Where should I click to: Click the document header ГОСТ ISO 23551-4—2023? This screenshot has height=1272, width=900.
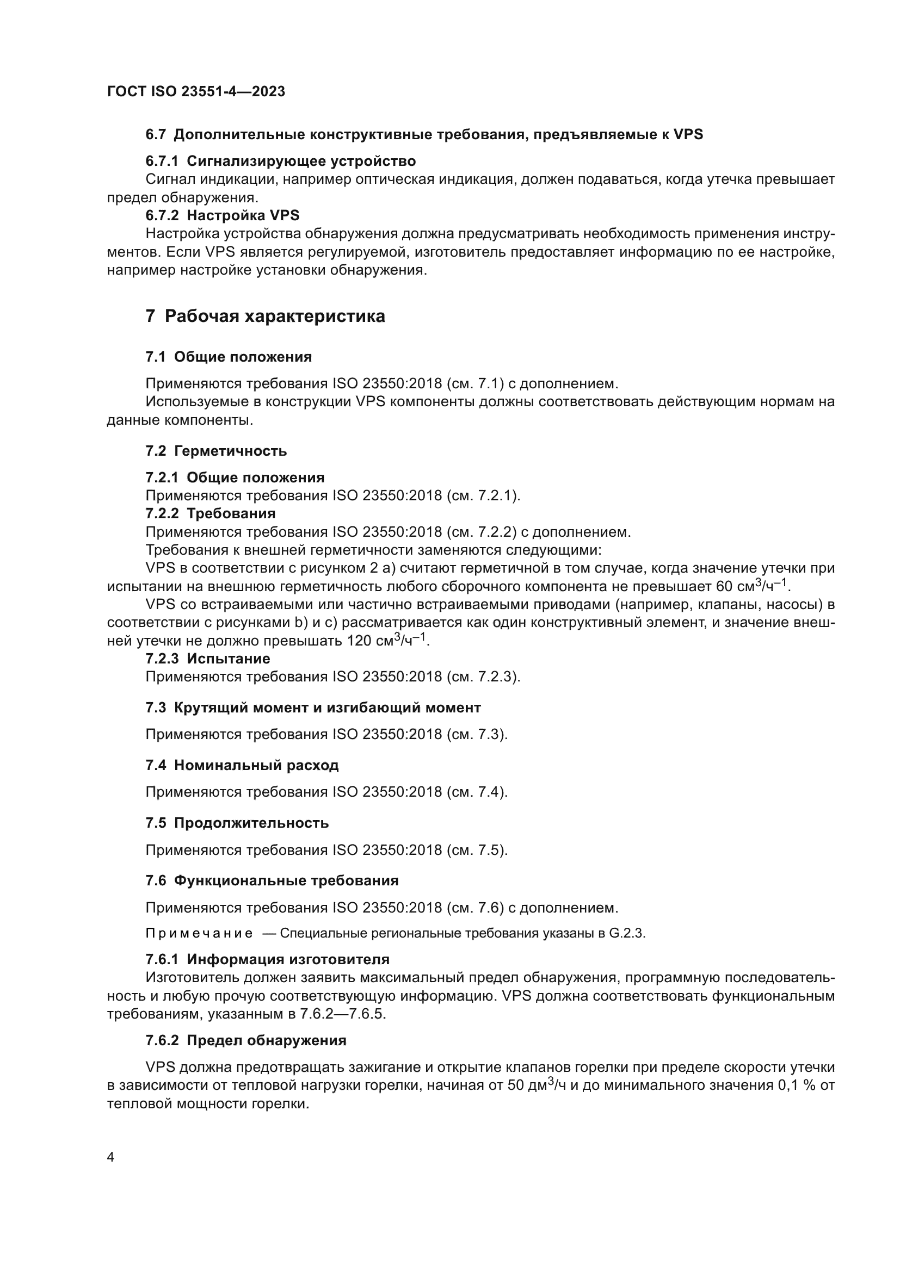pos(196,91)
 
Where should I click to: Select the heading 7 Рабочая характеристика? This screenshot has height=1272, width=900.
pos(265,317)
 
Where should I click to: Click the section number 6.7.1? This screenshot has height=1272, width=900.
pos(161,161)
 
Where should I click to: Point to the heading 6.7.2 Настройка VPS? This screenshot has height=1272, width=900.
pos(222,215)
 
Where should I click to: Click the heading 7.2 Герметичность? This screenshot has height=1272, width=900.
pos(216,450)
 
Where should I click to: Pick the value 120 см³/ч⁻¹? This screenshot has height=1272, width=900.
pos(386,641)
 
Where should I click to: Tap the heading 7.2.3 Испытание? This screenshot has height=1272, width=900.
pos(208,659)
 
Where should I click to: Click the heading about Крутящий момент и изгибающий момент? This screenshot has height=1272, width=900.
pos(313,708)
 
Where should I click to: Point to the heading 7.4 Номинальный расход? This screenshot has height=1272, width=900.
pos(242,765)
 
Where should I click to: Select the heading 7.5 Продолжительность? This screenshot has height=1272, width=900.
pos(237,823)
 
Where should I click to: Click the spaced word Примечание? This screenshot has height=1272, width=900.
pos(199,934)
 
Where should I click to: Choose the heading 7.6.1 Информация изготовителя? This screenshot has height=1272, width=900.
pos(267,959)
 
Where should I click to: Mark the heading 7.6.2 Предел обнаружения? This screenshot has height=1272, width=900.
pos(245,1040)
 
